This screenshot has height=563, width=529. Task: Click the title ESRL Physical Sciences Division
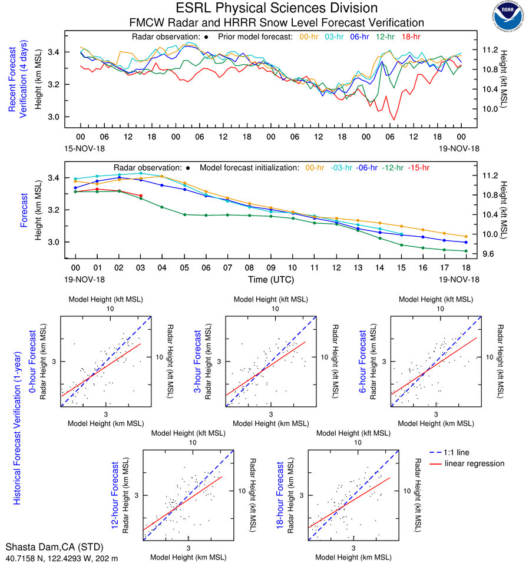pyautogui.click(x=277, y=8)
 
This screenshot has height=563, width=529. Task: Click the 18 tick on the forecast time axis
pyautogui.click(x=466, y=266)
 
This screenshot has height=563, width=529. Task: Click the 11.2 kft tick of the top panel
pyautogui.click(x=491, y=50)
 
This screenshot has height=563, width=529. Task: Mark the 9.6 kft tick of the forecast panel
pyautogui.click(x=491, y=254)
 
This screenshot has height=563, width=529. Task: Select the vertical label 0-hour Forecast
pyautogui.click(x=34, y=365)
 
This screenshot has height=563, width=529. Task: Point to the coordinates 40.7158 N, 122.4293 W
pyautogui.click(x=61, y=558)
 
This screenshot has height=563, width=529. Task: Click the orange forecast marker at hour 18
pyautogui.click(x=466, y=237)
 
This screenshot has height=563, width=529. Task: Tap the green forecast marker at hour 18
pyautogui.click(x=466, y=251)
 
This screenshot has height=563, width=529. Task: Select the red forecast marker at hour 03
pyautogui.click(x=141, y=196)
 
